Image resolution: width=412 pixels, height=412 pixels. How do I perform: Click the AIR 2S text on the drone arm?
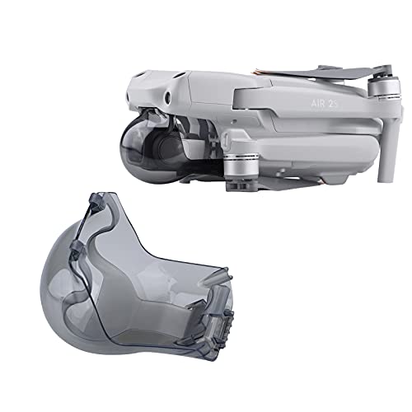click(x=324, y=104)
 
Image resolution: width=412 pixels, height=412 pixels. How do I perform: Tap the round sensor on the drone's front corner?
click(x=166, y=96)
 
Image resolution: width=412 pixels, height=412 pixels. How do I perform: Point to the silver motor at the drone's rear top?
click(x=384, y=87)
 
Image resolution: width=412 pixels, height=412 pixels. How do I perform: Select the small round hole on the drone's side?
click(x=233, y=120)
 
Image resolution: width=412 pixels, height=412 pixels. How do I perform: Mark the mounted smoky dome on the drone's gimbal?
click(x=143, y=148)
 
